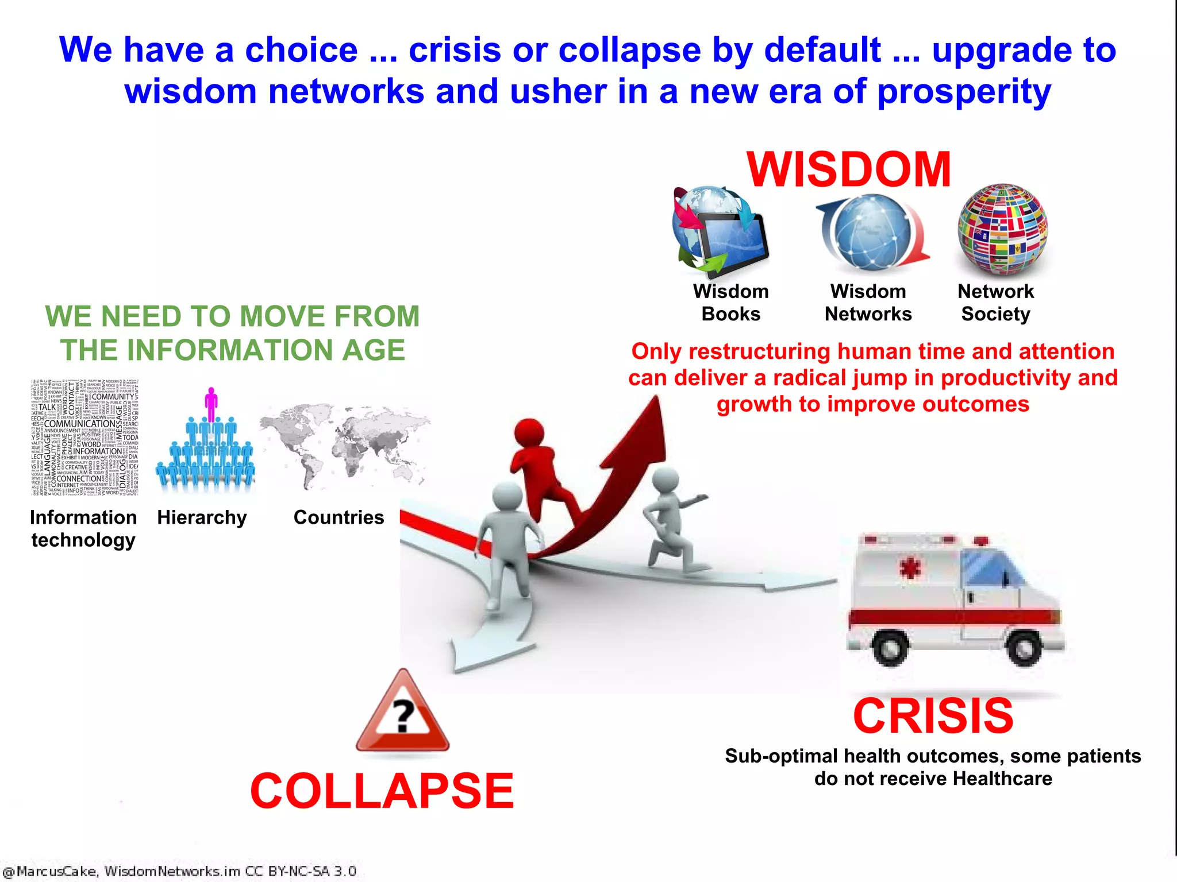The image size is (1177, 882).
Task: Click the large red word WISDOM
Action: (849, 169)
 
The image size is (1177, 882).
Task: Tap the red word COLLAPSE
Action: (382, 791)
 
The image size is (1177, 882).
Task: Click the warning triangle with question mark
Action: (402, 714)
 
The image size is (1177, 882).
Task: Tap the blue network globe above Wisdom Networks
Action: (872, 232)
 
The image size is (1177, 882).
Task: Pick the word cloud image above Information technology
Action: (85, 437)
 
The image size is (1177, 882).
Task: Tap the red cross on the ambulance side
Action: (910, 568)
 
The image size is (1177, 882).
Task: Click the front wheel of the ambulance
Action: (1025, 648)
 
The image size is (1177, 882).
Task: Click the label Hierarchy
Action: (202, 517)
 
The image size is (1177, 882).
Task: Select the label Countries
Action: (339, 517)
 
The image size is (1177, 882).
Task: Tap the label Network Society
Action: (995, 303)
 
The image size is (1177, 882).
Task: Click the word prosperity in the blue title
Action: (964, 92)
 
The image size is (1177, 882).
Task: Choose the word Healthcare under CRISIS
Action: (1002, 779)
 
